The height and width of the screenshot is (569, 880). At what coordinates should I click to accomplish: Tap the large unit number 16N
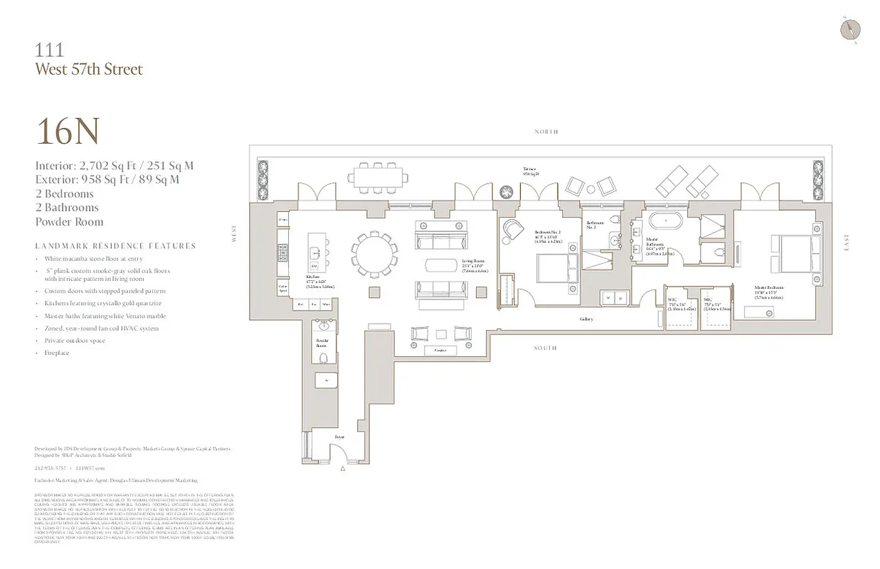(67, 132)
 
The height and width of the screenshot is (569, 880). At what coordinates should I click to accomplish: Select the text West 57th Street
(89, 69)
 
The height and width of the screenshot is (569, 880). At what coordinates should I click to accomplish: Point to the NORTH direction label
(546, 132)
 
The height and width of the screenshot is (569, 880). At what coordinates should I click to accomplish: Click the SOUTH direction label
(546, 348)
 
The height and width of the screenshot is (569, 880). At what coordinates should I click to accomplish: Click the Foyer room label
(340, 437)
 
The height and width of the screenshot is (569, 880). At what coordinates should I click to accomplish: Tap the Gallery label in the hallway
(585, 319)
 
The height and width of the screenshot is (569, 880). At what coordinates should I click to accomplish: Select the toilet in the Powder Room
(323, 357)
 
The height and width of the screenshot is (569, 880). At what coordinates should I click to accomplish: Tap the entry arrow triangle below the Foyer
(343, 469)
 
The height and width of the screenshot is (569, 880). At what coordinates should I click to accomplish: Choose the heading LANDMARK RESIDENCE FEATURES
(115, 246)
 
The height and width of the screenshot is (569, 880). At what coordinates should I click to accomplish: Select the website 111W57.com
(90, 468)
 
